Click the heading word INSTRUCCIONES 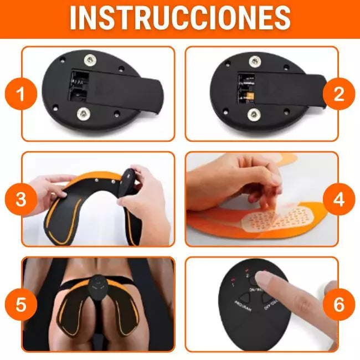pos(180,18)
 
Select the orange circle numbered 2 pos(339,94)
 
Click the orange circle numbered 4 pos(339,199)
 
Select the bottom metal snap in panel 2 pos(254,115)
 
